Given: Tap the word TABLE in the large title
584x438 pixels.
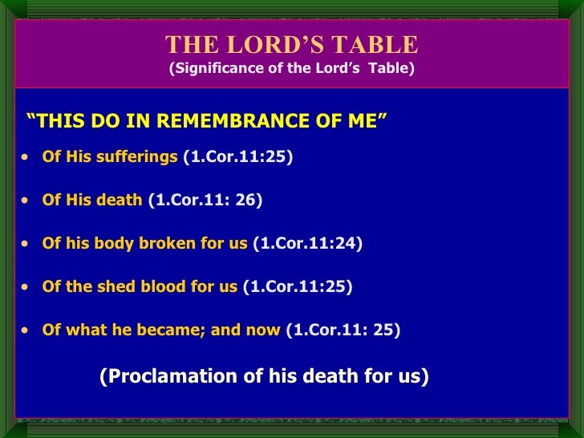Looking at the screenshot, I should [x=378, y=44].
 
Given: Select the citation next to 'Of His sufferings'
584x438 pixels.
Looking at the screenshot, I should [x=238, y=156].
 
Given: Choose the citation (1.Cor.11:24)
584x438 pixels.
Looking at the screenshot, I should [x=307, y=243].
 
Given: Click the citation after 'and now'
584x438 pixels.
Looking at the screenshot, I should [x=343, y=330].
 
